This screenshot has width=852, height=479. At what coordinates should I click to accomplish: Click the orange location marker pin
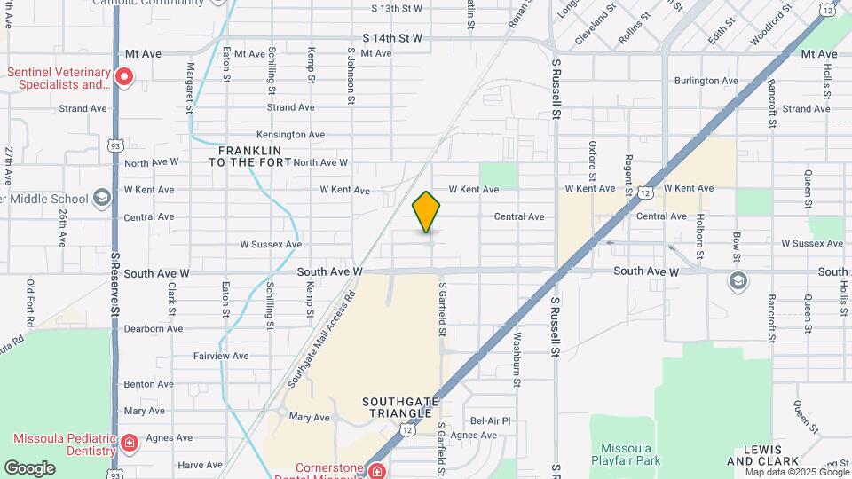(x=427, y=212)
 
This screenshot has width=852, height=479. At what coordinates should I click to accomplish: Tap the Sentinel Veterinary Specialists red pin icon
(x=124, y=78)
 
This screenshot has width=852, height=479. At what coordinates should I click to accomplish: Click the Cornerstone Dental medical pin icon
(x=377, y=471)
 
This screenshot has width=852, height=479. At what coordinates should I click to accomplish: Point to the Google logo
(x=29, y=468)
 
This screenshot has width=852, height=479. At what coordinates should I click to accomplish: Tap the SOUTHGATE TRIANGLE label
(x=400, y=409)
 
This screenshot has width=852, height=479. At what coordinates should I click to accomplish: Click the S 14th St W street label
(x=392, y=39)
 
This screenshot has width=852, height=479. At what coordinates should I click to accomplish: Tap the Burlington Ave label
(x=706, y=81)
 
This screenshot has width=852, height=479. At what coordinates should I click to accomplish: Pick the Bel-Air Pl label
(x=491, y=420)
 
